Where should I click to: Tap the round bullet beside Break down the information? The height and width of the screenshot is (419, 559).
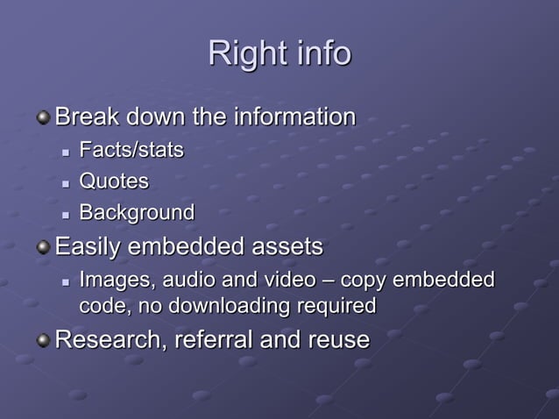click(x=43, y=117)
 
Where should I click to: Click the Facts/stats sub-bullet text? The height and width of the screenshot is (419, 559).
click(x=131, y=151)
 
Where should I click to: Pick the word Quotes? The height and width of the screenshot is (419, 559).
click(x=114, y=181)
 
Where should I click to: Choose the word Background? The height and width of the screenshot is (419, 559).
click(x=137, y=213)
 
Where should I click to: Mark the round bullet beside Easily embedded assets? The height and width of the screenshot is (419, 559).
click(x=43, y=248)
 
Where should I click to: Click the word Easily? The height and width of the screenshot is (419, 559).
click(x=88, y=248)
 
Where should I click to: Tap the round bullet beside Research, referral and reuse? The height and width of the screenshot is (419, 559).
click(x=43, y=340)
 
